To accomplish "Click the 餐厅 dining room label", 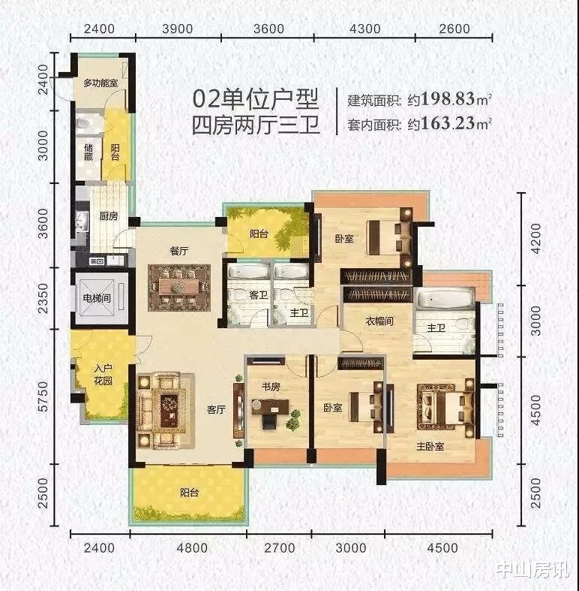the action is (x=179, y=251).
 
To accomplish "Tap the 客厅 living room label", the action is (x=216, y=410).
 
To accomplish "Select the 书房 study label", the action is (x=271, y=387).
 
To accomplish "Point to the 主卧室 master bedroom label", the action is (x=430, y=447).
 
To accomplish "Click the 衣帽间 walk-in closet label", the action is (x=379, y=321).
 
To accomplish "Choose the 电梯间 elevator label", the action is (x=97, y=298).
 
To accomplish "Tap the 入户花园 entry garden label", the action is (x=103, y=374).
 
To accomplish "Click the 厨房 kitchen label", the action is (x=109, y=216).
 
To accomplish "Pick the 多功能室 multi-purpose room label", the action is (x=100, y=83).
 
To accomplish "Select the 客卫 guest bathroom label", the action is (x=258, y=295).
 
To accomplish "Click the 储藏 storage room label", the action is (x=88, y=152).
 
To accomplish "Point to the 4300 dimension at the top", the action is (x=364, y=29).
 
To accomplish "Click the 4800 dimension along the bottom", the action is (x=192, y=547).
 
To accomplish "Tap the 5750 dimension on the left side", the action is (x=43, y=397).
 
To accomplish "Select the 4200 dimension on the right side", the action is (x=535, y=239).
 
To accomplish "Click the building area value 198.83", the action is (x=448, y=99).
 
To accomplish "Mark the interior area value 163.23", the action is (x=448, y=123).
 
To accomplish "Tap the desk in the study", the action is (x=270, y=407).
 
